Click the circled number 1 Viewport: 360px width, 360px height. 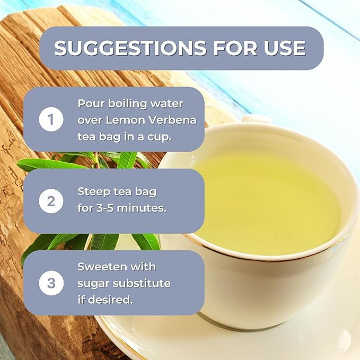click(51, 120)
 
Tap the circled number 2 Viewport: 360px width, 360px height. click(51, 201)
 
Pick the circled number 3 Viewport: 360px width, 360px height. click(51, 283)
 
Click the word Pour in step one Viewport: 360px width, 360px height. click(90, 103)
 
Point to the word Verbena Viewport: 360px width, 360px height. click(175, 120)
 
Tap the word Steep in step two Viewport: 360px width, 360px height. click(94, 191)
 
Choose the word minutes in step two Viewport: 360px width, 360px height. click(144, 208)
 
